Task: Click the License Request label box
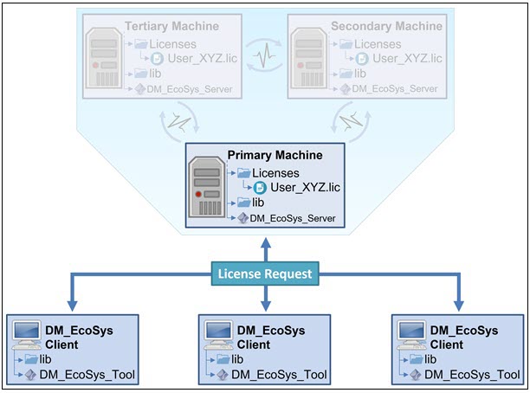click(264, 275)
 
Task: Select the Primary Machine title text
click(275, 155)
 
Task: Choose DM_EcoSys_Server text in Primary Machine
click(292, 218)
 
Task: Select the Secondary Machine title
click(385, 27)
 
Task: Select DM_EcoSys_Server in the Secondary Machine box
click(392, 88)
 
